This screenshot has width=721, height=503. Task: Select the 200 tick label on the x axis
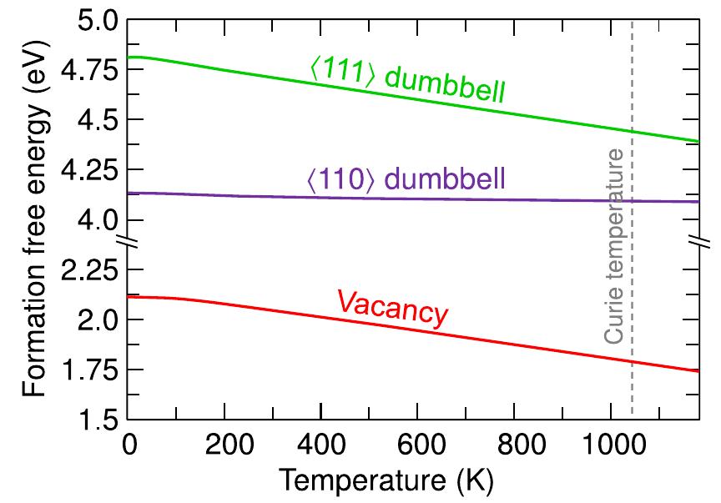coord(224,443)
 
